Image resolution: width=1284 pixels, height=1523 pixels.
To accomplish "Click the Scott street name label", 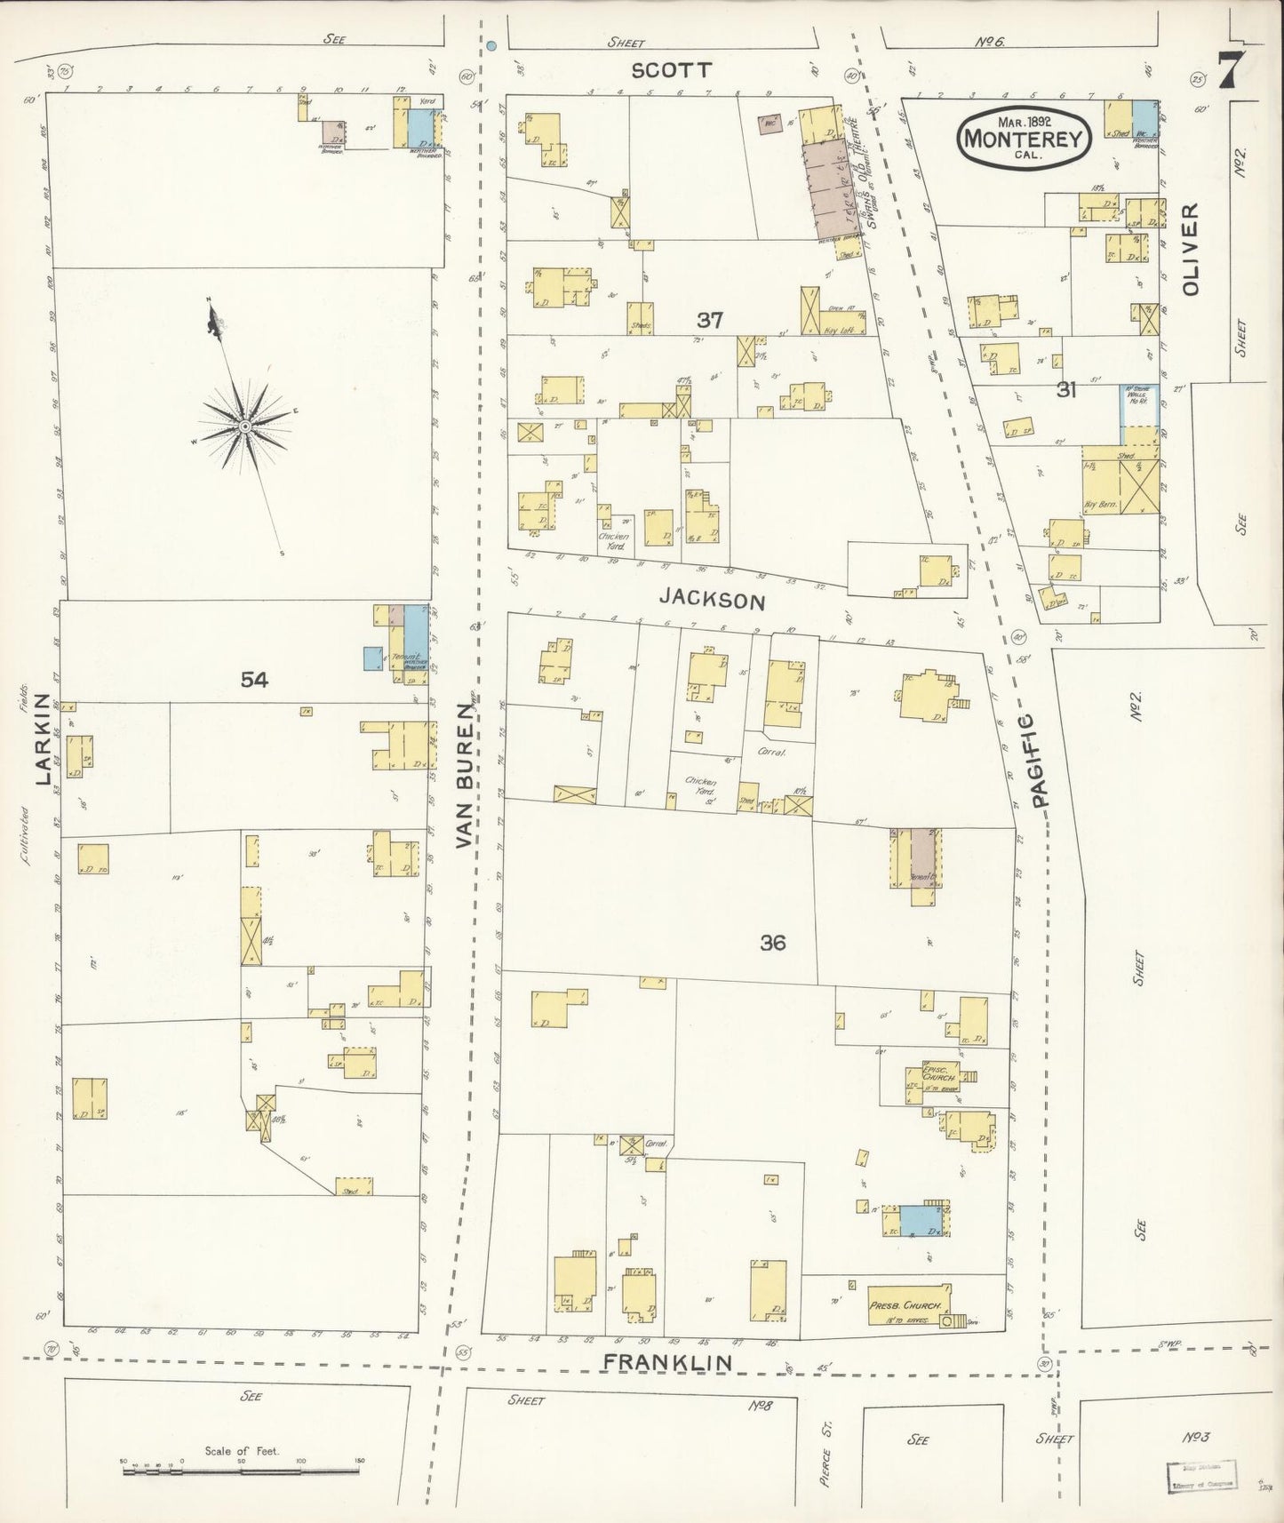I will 672,70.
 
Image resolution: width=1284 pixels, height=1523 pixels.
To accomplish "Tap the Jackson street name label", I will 712,601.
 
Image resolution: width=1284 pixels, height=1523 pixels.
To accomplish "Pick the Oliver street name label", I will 1191,250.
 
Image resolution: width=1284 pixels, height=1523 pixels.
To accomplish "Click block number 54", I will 253,680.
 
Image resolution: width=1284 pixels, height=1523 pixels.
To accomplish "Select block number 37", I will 710,320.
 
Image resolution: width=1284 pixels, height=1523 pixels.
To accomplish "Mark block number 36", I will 772,943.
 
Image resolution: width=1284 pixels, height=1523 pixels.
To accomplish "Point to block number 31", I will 1066,389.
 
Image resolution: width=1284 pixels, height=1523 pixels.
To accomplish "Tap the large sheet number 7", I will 1229,71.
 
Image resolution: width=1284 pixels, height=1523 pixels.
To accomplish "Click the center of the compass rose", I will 243,427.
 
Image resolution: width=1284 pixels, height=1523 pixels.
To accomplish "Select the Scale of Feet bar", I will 240,1471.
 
